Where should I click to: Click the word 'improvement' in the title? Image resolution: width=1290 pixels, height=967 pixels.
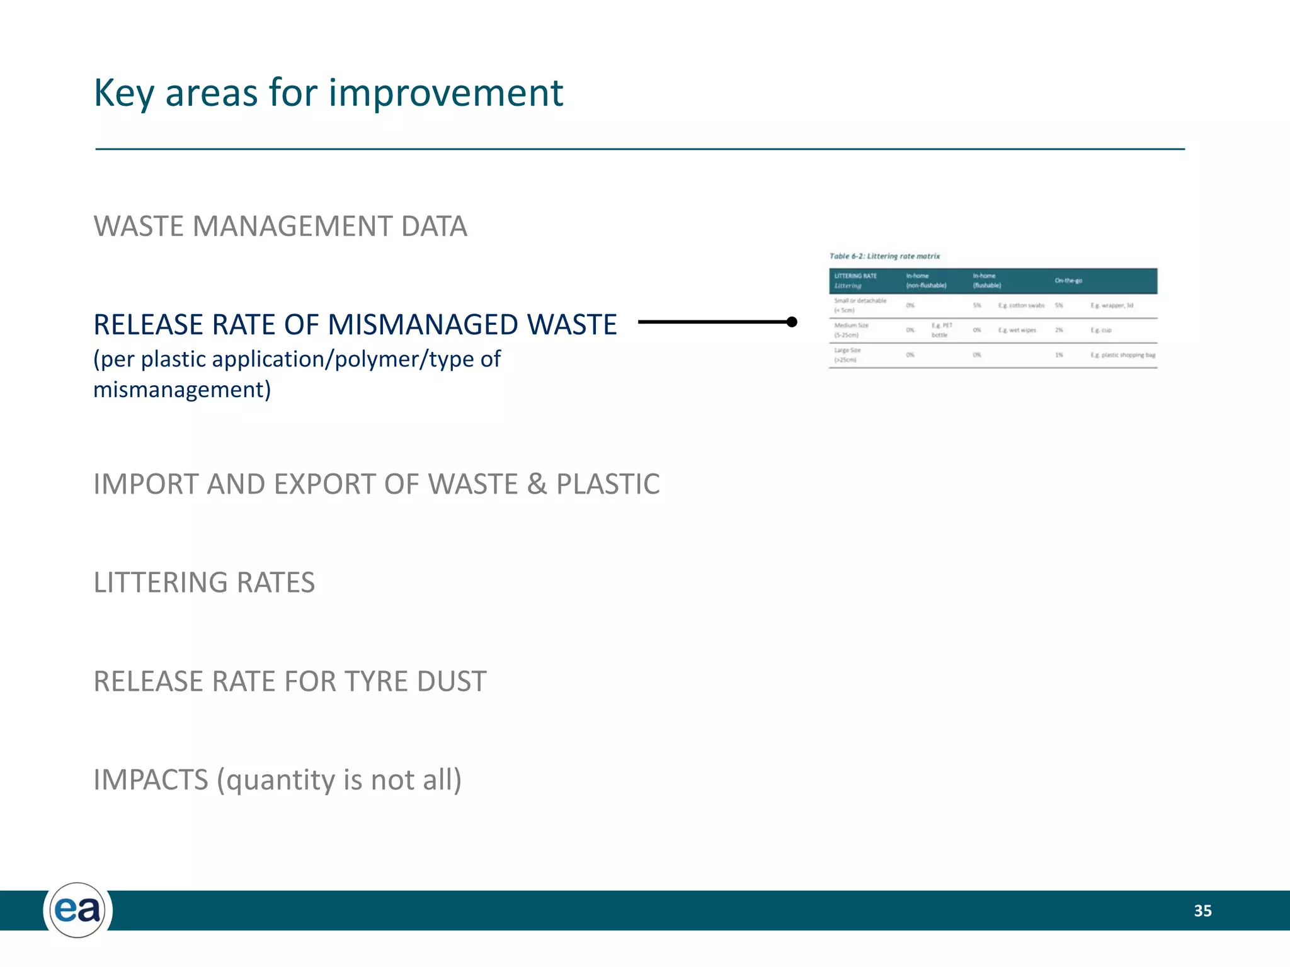point(445,93)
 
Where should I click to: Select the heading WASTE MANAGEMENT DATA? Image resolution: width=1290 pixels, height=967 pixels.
point(280,227)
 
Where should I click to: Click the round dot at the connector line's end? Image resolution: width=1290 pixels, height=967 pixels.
point(792,322)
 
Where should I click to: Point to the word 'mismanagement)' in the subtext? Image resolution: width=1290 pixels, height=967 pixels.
point(182,390)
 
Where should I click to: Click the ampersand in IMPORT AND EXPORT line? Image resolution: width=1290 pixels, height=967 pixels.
point(537,484)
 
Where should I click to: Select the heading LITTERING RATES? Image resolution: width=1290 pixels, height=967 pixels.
point(204,582)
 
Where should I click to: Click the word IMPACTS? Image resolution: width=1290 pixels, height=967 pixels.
point(151,779)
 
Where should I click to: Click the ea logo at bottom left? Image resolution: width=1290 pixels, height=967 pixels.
point(77,910)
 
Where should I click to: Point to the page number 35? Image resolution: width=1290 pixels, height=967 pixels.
point(1202,910)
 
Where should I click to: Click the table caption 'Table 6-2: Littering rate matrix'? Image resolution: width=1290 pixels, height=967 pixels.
point(884,256)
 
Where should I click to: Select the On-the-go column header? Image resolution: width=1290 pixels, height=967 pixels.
point(1068,281)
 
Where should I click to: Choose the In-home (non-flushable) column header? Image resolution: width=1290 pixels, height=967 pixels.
point(926,281)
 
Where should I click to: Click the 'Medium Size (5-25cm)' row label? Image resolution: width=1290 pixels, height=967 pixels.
point(851,330)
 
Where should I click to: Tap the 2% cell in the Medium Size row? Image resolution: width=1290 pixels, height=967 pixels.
point(1059,330)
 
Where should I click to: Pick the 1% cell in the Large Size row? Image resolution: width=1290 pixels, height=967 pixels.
point(1059,355)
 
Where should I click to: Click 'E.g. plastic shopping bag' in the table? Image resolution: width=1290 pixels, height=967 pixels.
point(1122,355)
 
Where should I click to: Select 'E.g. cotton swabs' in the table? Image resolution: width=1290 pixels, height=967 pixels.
point(1020,305)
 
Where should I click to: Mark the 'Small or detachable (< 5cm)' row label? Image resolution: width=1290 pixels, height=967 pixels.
point(860,305)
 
